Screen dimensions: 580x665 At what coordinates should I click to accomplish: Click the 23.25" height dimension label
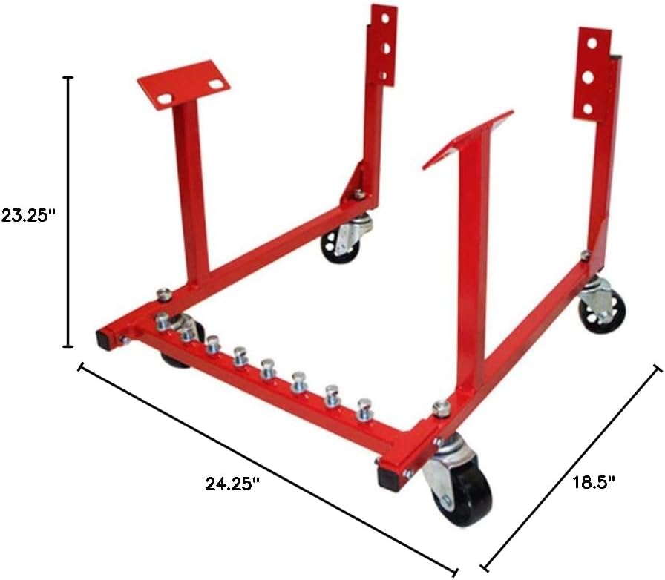[x=28, y=216]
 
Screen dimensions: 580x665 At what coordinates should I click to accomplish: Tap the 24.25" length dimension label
[x=232, y=484]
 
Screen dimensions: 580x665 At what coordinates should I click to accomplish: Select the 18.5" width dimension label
[x=594, y=484]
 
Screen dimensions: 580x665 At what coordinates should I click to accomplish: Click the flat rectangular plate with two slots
[x=183, y=84]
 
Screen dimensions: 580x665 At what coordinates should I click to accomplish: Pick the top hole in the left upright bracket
[x=384, y=19]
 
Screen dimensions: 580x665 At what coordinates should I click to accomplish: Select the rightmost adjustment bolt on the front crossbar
[x=364, y=407]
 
